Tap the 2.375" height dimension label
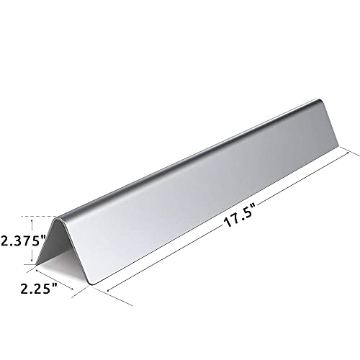tap(24, 240)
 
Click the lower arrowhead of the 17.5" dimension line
tap(109, 290)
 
